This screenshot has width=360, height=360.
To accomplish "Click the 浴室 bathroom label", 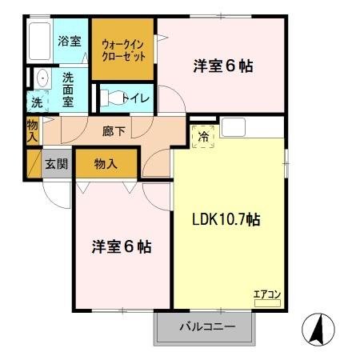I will (x=69, y=40).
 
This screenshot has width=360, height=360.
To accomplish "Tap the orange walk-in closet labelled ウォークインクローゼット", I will (x=122, y=49).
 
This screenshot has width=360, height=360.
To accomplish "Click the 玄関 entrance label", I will (x=56, y=165).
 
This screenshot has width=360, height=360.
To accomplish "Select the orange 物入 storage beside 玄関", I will (x=106, y=164).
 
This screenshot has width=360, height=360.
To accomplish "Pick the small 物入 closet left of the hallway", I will (x=32, y=130).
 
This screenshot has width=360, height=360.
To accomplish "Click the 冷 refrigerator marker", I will (x=203, y=137).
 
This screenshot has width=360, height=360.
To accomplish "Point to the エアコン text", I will (x=266, y=294).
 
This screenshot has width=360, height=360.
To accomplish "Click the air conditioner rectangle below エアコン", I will (x=266, y=302).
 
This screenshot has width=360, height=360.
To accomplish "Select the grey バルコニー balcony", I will (x=206, y=327).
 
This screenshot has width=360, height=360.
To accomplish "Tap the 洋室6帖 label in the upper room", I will (x=223, y=66).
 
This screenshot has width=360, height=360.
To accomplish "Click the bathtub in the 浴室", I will (x=38, y=41).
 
